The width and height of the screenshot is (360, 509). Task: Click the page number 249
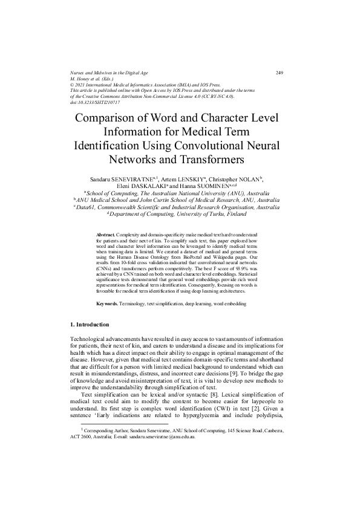(x=280, y=73)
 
